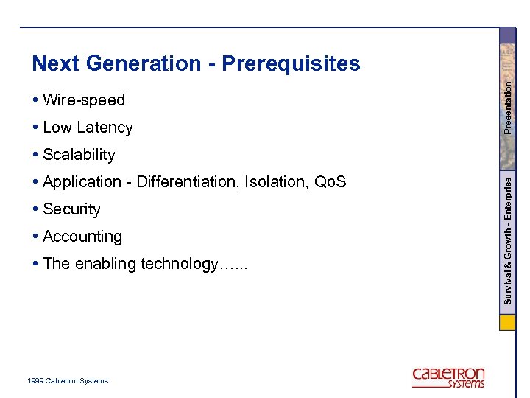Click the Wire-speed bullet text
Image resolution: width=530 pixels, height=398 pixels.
[x=84, y=100]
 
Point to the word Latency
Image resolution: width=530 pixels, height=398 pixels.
[x=107, y=128]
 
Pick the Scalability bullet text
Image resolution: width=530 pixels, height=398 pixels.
[x=79, y=155]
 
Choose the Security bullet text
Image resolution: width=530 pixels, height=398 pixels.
[x=71, y=209]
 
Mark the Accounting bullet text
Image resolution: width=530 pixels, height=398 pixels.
[x=82, y=237]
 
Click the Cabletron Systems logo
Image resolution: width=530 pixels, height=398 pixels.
[x=448, y=377]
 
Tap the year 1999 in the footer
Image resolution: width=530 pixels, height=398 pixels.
[x=35, y=381]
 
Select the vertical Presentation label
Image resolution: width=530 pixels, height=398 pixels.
[x=508, y=106]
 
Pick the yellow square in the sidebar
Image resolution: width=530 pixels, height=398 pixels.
[x=508, y=323]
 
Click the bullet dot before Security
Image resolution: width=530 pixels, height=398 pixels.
[x=36, y=209]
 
